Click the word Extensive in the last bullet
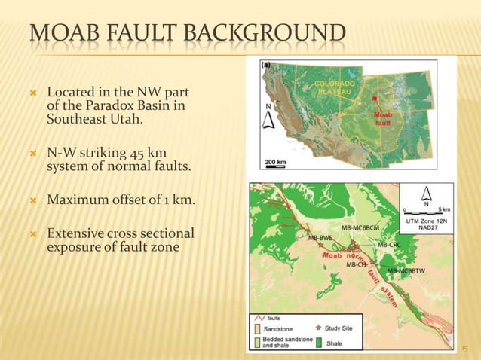(x=77, y=233)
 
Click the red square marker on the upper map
(x=375, y=98)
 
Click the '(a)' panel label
(x=266, y=66)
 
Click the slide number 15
(x=464, y=348)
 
